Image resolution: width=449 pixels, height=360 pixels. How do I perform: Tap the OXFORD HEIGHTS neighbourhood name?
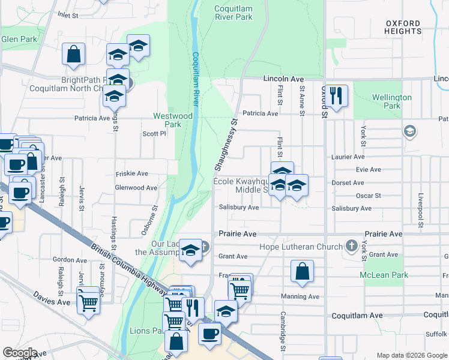coord(403,26)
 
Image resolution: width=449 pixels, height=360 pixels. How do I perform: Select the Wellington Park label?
coord(391,101)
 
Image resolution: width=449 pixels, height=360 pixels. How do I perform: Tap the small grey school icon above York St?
coord(410,131)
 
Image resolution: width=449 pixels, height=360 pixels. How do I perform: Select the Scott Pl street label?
coord(154,134)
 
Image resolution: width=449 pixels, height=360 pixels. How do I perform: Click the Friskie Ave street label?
coord(132,173)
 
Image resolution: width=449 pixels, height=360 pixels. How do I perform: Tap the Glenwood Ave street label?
coord(136,188)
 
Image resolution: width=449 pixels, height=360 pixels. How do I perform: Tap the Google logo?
coord(19,352)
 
